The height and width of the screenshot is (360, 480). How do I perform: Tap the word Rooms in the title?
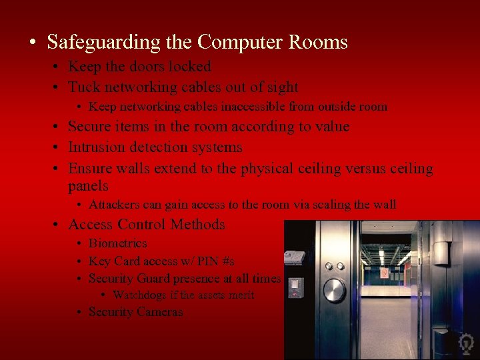pyautogui.click(x=317, y=43)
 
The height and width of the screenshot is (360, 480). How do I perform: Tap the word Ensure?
pyautogui.click(x=90, y=169)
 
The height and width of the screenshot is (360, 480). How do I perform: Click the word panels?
pyautogui.click(x=88, y=186)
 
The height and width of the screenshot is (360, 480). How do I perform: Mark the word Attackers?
pyautogui.click(x=114, y=205)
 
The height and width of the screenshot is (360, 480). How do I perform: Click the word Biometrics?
pyautogui.click(x=117, y=243)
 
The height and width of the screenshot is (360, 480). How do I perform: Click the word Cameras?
pyautogui.click(x=160, y=312)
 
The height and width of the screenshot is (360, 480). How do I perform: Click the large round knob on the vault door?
pyautogui.click(x=334, y=289)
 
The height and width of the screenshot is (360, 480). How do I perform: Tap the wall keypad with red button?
pyautogui.click(x=295, y=287)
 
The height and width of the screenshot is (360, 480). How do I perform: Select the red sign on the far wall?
pyautogui.click(x=384, y=273)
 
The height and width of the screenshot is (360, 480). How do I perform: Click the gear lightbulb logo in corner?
pyautogui.click(x=466, y=344)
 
